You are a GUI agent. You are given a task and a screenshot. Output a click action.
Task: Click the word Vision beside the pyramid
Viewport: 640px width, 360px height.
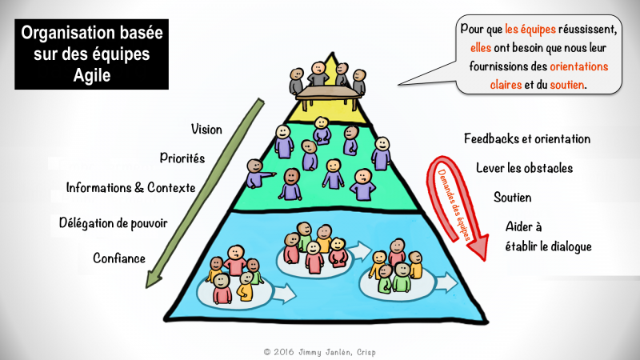coord(206,130)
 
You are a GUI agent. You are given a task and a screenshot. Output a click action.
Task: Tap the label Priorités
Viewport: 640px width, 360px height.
coord(182,158)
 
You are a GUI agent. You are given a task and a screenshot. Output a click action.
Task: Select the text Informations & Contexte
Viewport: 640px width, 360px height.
coord(130,188)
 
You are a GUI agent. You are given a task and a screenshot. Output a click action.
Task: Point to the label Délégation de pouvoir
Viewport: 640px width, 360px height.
coord(113,223)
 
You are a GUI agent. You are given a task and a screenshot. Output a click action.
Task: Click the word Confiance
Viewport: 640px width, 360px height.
coord(119,258)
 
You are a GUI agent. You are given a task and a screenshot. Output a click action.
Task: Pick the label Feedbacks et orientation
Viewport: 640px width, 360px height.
coord(527,138)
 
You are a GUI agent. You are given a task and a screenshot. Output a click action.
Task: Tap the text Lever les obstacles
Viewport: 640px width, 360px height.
coord(525,168)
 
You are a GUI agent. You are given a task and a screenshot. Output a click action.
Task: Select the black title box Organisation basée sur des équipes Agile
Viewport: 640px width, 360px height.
coord(91,54)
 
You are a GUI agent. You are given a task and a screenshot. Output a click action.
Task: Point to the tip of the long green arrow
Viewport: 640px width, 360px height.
coord(147,287)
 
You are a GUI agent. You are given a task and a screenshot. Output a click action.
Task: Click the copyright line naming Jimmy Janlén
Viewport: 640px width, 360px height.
coord(319,352)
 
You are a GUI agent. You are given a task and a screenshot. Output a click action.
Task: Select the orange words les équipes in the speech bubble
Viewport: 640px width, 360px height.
coord(530,29)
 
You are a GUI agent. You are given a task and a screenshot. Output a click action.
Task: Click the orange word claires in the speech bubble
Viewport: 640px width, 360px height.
coord(506,85)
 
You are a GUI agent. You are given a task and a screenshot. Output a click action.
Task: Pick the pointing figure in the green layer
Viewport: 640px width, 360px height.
coord(258,174)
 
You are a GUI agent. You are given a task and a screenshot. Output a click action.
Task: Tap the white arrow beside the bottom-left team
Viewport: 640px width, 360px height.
coord(285,294)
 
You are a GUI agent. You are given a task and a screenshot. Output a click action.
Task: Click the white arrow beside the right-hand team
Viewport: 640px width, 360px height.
coord(446,283)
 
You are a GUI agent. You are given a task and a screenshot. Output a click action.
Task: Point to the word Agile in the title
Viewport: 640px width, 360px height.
coord(92,75)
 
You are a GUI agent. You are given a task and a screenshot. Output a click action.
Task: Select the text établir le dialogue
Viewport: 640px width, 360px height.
coord(548,246)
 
